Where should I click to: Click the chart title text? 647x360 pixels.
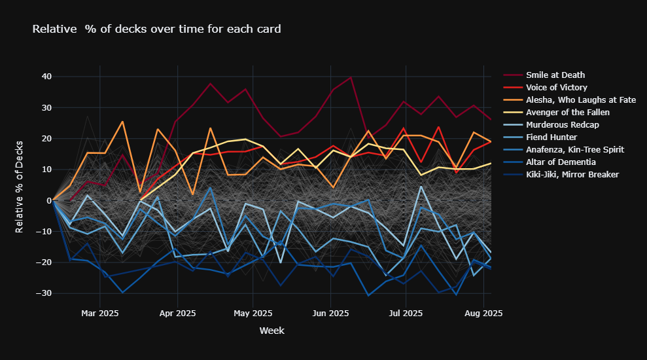click(157, 29)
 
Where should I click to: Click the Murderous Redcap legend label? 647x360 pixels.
click(562, 125)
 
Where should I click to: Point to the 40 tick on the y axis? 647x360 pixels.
click(46, 77)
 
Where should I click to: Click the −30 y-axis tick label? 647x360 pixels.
click(43, 293)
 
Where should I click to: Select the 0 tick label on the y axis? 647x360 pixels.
click(48, 200)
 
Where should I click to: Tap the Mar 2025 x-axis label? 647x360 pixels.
click(99, 314)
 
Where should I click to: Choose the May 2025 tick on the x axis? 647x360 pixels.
click(253, 314)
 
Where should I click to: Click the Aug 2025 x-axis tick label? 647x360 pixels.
click(483, 314)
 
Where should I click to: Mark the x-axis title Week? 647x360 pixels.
click(271, 331)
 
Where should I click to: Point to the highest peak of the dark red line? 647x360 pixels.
click(351, 77)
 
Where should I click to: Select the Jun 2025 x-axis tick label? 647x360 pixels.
click(330, 314)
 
